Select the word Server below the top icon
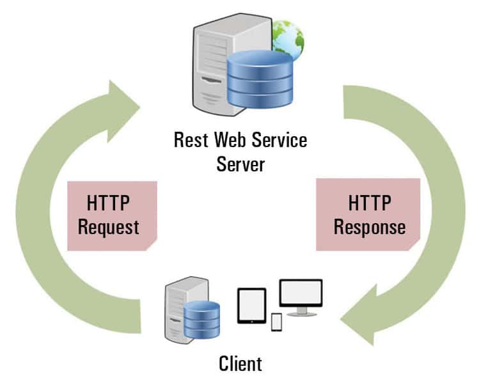point(240,164)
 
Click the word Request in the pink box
point(113,227)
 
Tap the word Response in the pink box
point(369,227)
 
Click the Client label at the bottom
point(240,364)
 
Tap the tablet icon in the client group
point(251,305)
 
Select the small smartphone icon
point(276,322)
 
